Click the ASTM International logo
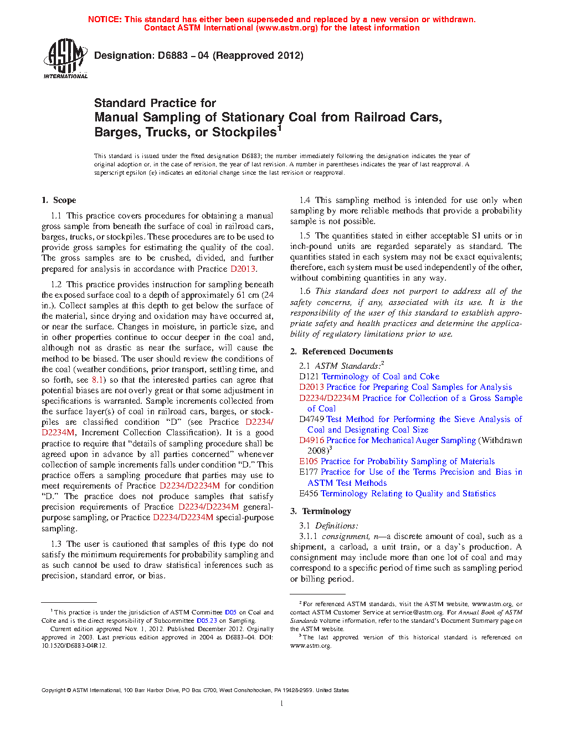point(65,59)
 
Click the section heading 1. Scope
point(59,200)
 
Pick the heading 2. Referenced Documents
point(341,352)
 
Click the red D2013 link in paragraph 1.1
point(243,269)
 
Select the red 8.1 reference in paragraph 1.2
point(97,380)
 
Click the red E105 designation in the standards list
point(309,461)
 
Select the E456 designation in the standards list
point(309,494)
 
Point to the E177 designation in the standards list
point(309,472)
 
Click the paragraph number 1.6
point(305,291)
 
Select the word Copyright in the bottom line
point(53,690)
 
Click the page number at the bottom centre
point(282,704)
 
